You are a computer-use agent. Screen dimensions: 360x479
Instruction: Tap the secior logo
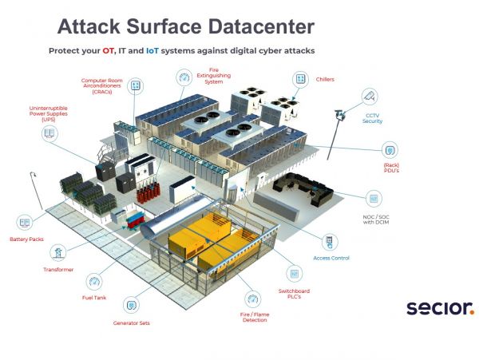439,307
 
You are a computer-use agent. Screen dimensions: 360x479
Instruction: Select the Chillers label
326,80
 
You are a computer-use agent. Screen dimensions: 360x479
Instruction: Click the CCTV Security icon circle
370,96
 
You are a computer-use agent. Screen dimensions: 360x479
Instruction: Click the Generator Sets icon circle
132,305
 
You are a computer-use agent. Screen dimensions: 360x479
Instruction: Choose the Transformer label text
58,270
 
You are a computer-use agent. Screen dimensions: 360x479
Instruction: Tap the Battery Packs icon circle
25,222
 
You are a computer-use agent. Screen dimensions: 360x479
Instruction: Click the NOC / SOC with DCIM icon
373,197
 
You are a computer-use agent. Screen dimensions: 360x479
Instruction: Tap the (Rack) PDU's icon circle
390,149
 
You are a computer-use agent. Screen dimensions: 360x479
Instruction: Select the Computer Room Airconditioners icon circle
136,85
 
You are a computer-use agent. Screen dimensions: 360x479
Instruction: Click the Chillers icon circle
300,80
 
